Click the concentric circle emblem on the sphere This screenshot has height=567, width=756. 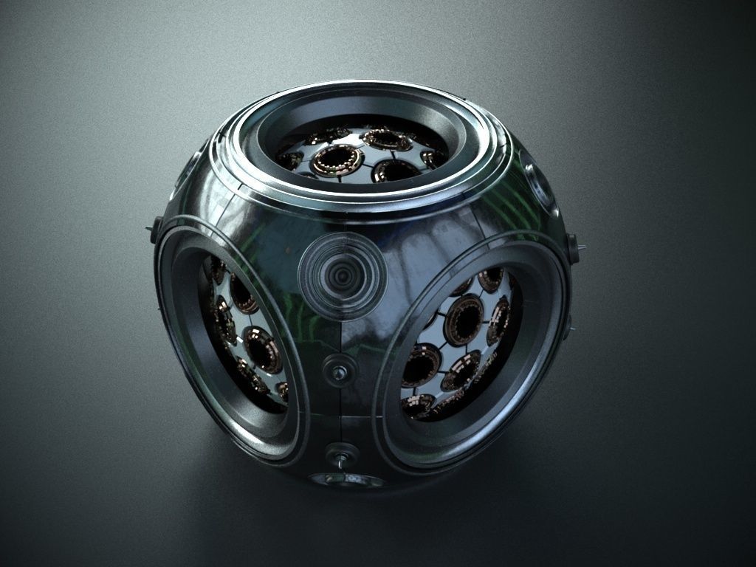[x=342, y=275]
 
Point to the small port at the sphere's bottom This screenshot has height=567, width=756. [x=347, y=481]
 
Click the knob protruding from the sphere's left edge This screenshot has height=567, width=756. [x=155, y=228]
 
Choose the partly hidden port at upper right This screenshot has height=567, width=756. [x=540, y=181]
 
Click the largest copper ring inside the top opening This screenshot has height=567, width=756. [x=336, y=159]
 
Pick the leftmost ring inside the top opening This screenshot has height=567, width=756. [x=290, y=159]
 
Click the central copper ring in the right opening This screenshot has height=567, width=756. [x=464, y=320]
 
